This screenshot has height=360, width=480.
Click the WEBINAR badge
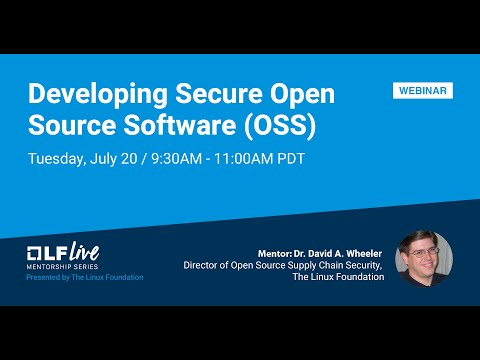click(421, 91)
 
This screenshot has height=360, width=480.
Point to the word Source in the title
click(69, 126)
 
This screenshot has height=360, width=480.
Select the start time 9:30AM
click(179, 159)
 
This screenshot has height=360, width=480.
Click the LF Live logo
click(63, 250)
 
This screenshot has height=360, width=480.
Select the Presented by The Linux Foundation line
click(85, 277)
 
